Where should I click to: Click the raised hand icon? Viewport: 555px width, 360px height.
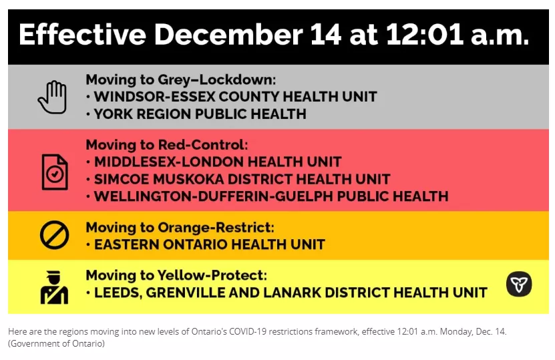pos(52,97)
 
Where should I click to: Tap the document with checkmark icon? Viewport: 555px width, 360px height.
pos(55,172)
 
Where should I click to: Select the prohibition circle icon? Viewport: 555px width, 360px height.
pos(54,235)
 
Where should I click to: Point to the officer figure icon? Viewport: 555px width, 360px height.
pos(54,287)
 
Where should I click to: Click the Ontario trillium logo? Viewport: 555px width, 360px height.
pos(519,284)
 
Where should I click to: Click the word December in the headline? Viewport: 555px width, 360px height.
pos(228,35)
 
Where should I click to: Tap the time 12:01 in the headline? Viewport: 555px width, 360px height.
pos(425,35)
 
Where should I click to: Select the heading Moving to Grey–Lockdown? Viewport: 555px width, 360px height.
pos(180,79)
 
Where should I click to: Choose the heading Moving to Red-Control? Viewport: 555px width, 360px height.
pos(167,145)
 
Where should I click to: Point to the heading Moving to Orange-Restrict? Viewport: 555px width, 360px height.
pos(180,227)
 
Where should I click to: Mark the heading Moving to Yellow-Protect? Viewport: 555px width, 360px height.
pos(176,275)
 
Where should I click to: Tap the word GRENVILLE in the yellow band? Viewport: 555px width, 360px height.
pos(185,293)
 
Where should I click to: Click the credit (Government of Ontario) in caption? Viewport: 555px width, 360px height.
pos(56,343)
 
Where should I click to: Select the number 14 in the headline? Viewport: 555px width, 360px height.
pos(326,35)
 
